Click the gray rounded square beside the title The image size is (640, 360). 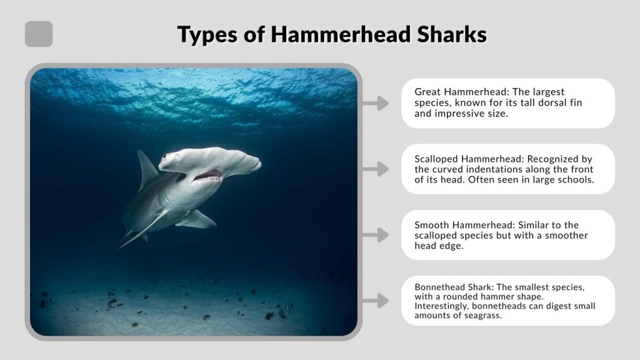coord(39,34)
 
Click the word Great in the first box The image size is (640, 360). coord(428,92)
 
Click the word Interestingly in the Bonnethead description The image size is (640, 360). coord(442,306)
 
